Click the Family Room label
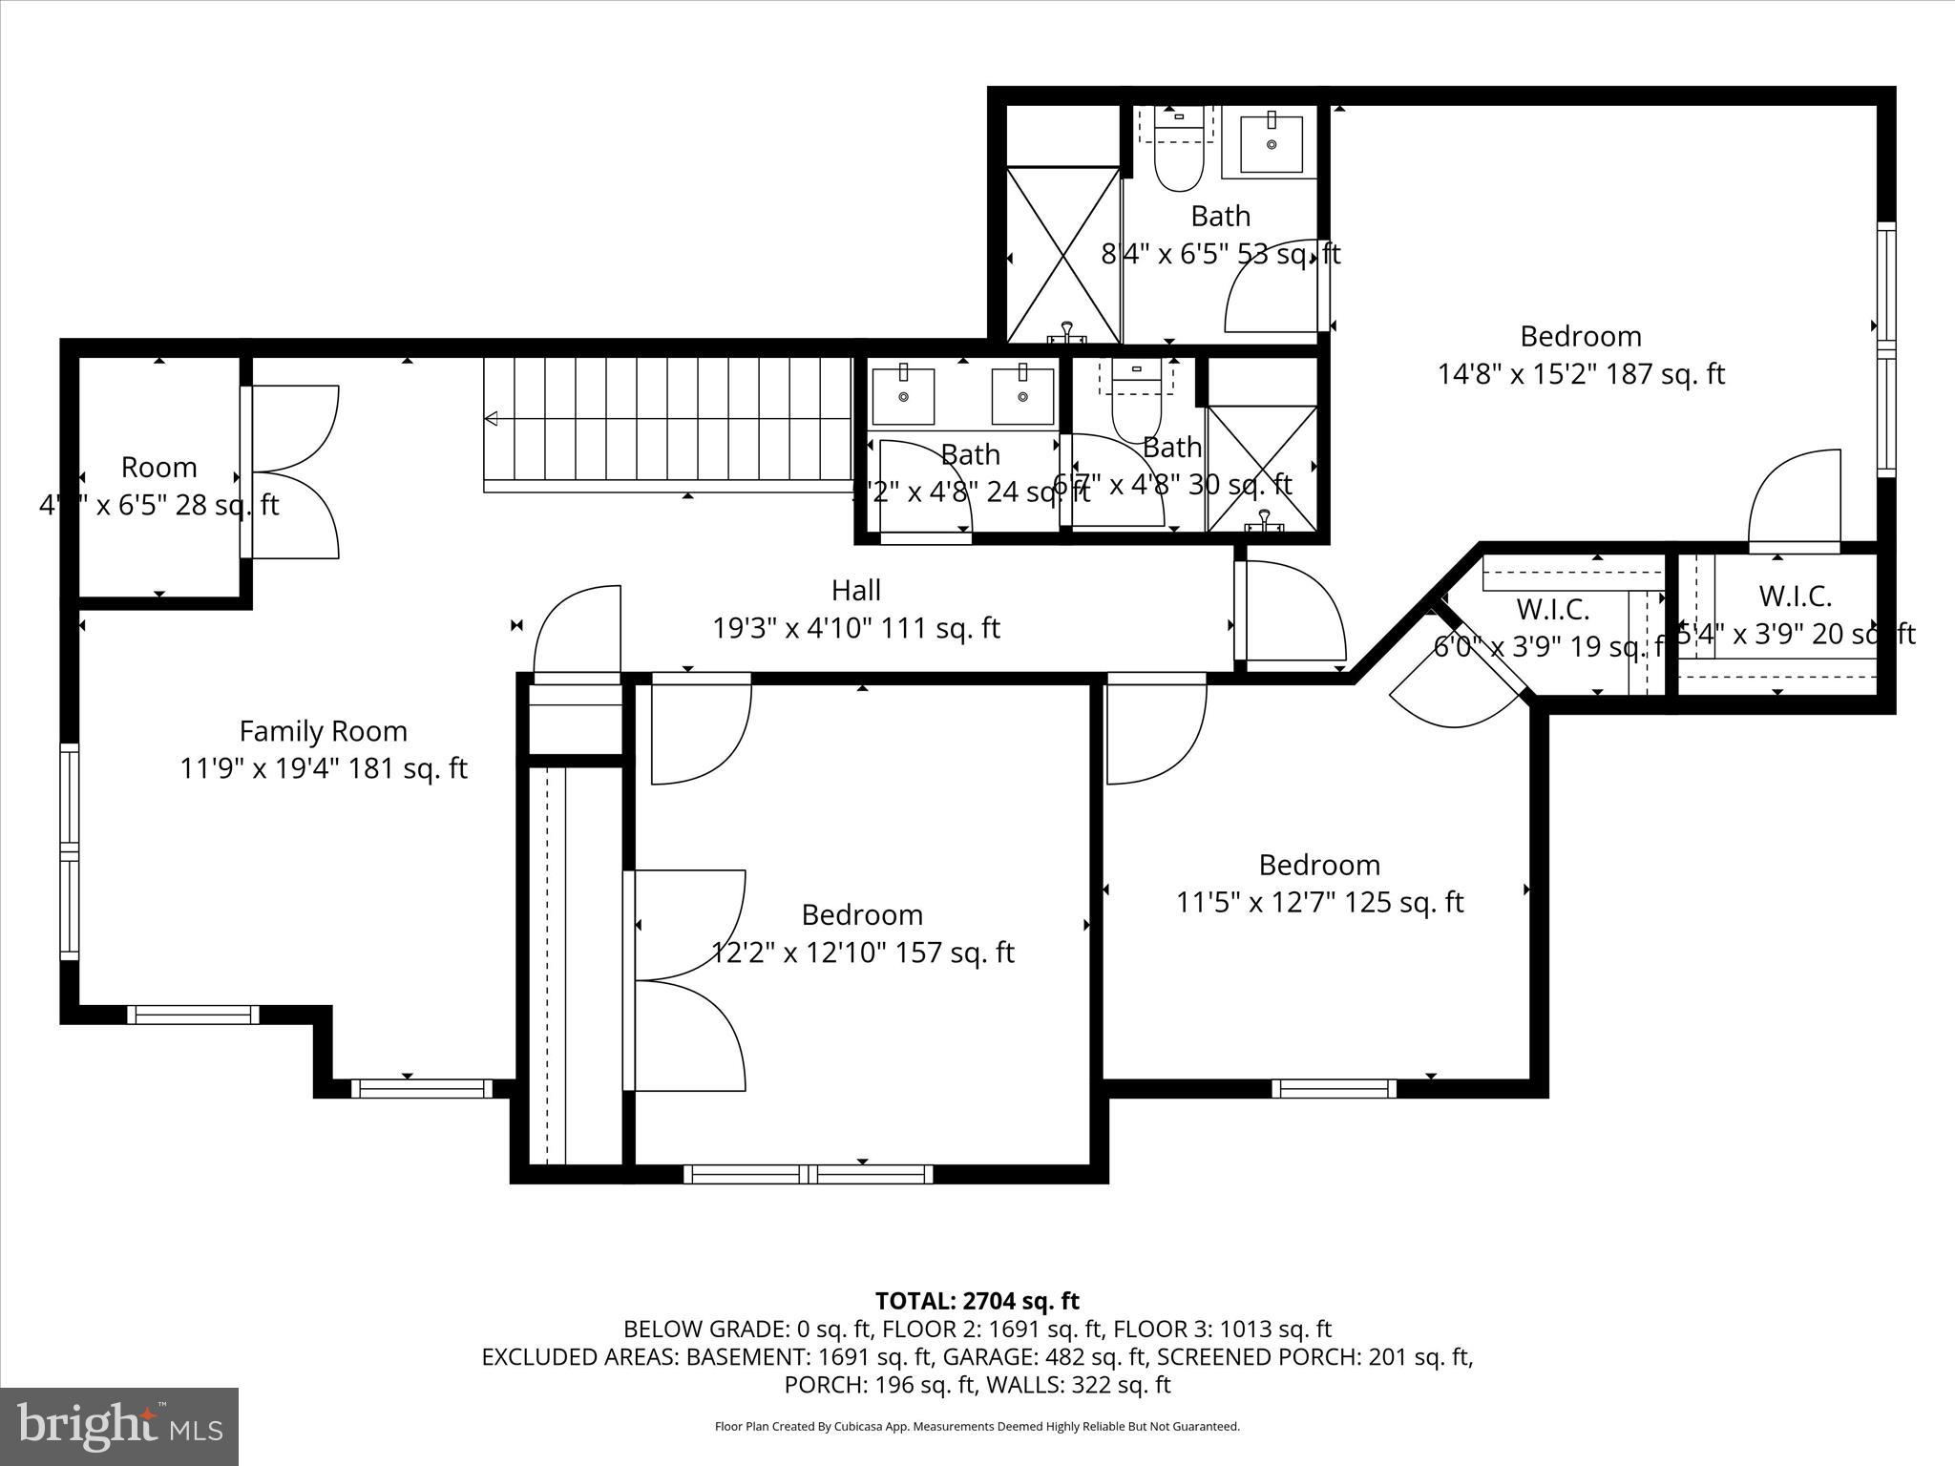(323, 731)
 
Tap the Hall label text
(855, 591)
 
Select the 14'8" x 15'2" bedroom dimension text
(1581, 374)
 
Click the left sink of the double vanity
(902, 396)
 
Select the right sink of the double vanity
(1022, 396)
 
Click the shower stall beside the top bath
(1063, 255)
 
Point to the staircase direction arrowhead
(492, 418)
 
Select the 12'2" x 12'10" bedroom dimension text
(862, 953)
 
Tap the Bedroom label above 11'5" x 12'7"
(1319, 865)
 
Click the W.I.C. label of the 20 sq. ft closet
(1795, 597)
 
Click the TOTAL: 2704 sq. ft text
(977, 1301)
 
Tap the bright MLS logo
(119, 1427)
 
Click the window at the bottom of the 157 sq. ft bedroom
(808, 1173)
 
